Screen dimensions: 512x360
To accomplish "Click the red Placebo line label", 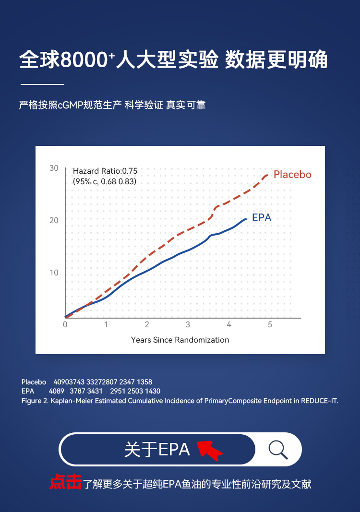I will click(292, 175).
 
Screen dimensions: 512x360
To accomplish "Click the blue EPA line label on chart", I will click(262, 217).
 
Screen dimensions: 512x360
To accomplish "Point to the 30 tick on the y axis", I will click(54, 168).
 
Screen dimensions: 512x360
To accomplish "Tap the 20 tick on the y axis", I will click(54, 221).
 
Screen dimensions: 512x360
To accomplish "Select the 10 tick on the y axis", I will click(54, 273).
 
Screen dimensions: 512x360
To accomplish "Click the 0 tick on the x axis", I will click(65, 325).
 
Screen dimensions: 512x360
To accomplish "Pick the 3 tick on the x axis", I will click(188, 325).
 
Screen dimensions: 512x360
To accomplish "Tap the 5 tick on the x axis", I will click(270, 325).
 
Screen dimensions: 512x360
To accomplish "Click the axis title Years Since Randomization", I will click(180, 340).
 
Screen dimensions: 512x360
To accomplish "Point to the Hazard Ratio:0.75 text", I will click(105, 171).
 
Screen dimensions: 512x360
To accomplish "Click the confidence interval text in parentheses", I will click(105, 182).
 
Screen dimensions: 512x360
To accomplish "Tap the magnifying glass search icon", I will click(278, 450).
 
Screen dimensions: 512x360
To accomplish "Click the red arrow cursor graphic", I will click(209, 450).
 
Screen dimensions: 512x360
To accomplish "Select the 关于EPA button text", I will click(157, 450).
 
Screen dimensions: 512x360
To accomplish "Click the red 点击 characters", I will click(66, 483).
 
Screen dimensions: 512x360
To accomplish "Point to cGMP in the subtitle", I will click(71, 105).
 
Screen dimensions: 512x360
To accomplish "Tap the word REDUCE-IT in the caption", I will click(320, 400).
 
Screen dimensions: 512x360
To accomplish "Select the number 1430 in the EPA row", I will click(152, 391).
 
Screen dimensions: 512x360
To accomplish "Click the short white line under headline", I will click(42, 84).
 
